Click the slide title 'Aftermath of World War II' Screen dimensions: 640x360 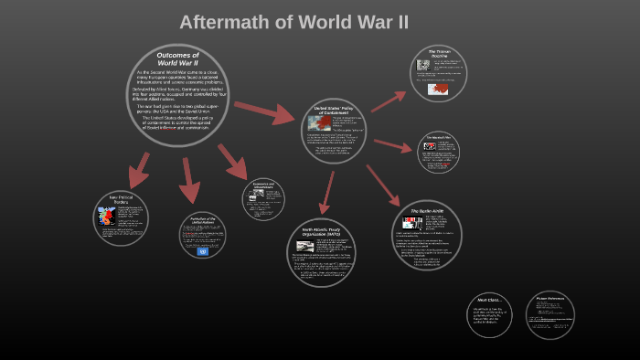[293, 22]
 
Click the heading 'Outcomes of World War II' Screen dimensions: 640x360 [177, 58]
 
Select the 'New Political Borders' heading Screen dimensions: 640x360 [121, 199]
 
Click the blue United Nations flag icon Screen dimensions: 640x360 [202, 251]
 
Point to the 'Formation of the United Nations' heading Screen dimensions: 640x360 [202, 221]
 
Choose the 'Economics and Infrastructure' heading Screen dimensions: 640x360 [263, 185]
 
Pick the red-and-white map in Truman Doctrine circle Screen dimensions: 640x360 [438, 90]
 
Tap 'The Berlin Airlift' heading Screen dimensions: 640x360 [427, 211]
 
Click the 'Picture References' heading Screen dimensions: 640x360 [550, 299]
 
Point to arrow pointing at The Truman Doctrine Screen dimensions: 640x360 [388, 100]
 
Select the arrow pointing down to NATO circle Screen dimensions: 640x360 [326, 192]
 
